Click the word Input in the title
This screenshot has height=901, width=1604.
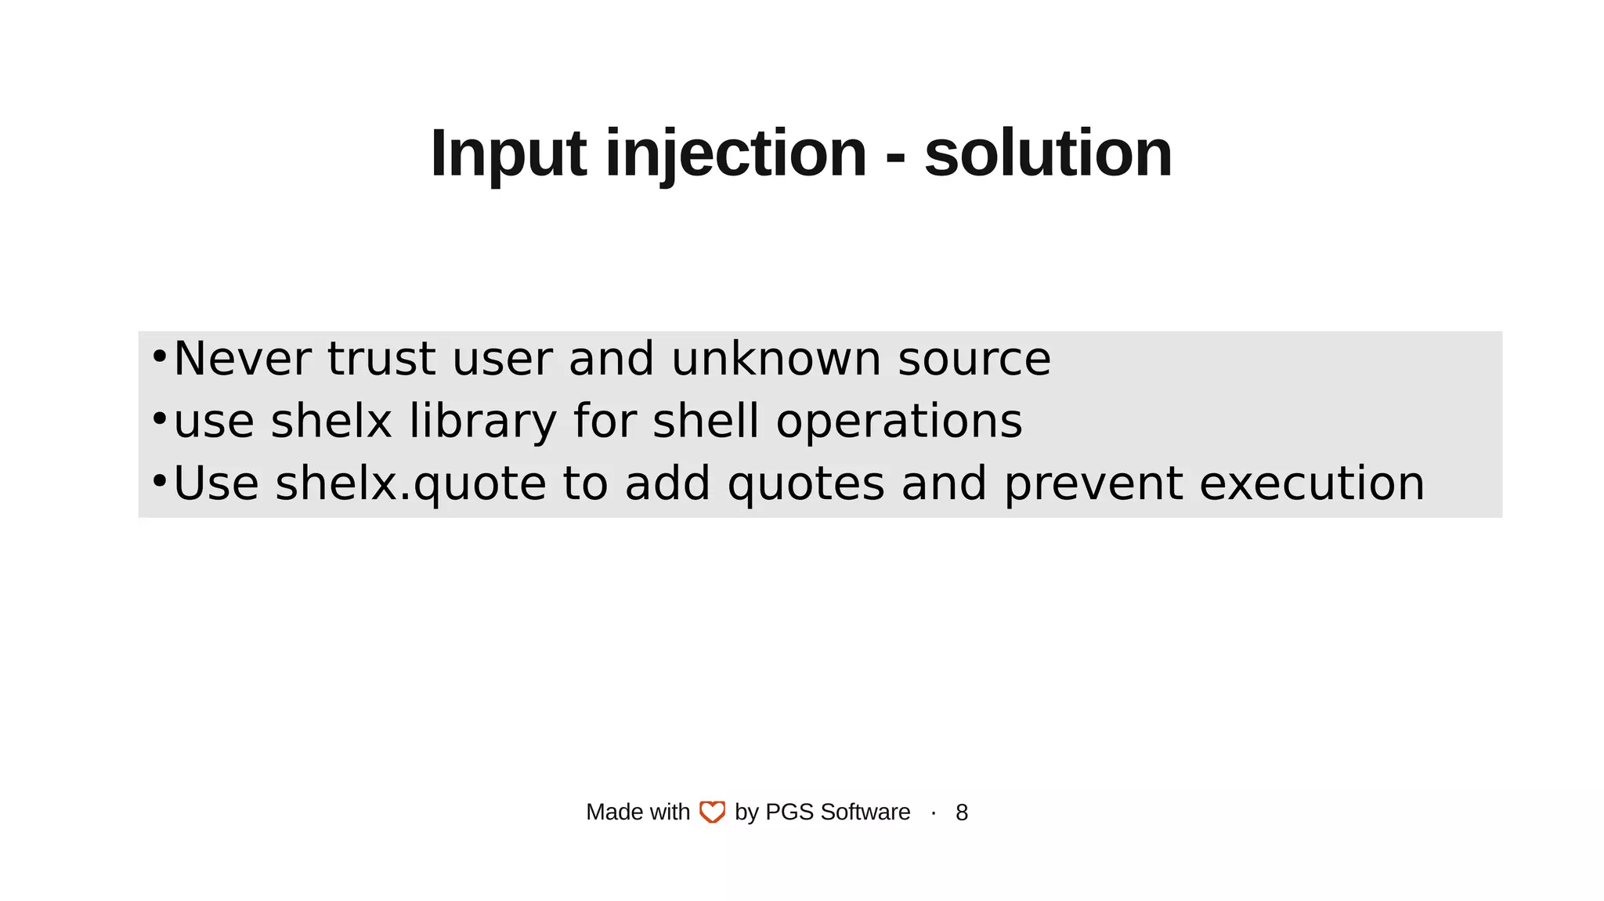tap(508, 154)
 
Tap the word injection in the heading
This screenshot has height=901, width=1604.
tap(735, 154)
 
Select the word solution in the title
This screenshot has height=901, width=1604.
tap(1048, 154)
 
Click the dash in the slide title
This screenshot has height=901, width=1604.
tap(895, 157)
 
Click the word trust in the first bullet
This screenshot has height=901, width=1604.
tap(381, 359)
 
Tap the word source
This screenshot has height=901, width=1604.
tap(974, 360)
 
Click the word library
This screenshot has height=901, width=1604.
tap(482, 422)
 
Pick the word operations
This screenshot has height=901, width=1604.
tap(899, 422)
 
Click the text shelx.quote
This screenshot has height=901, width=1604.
tap(411, 483)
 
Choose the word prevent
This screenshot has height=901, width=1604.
tap(1093, 483)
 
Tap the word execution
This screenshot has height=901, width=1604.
tap(1312, 483)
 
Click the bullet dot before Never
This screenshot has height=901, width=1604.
tap(159, 356)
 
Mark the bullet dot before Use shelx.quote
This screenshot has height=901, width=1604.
tap(159, 480)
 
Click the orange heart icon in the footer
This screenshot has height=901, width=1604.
tap(712, 812)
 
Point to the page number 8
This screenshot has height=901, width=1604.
tap(962, 812)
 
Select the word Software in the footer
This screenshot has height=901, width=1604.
tap(865, 812)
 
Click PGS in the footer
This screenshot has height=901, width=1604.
tap(789, 812)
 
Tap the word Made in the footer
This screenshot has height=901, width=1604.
tap(609, 812)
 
